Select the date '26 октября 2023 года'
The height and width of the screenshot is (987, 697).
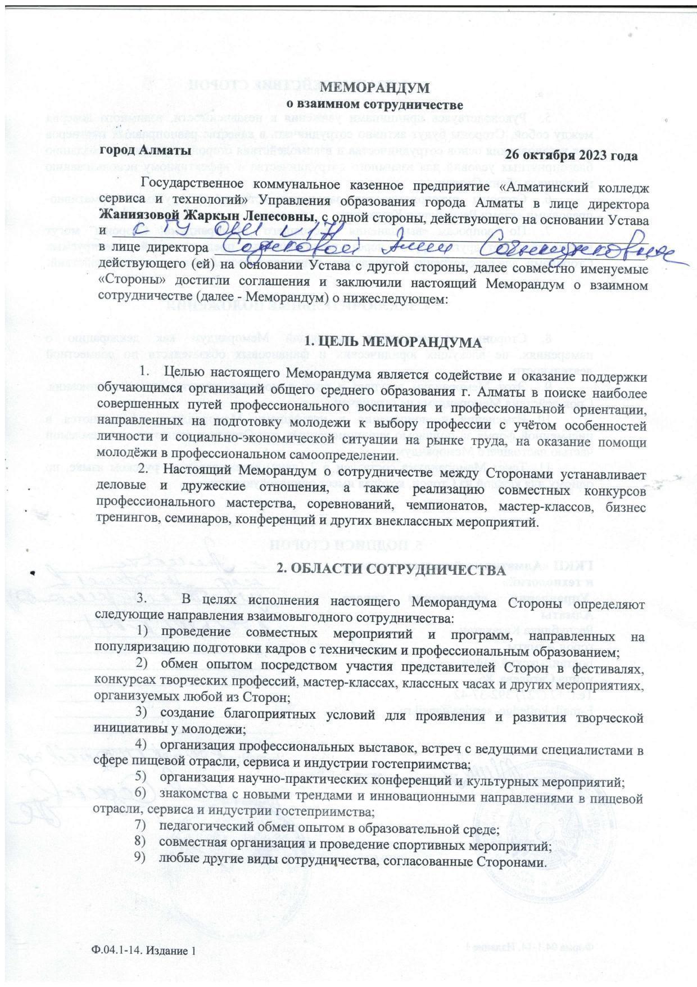point(571,156)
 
